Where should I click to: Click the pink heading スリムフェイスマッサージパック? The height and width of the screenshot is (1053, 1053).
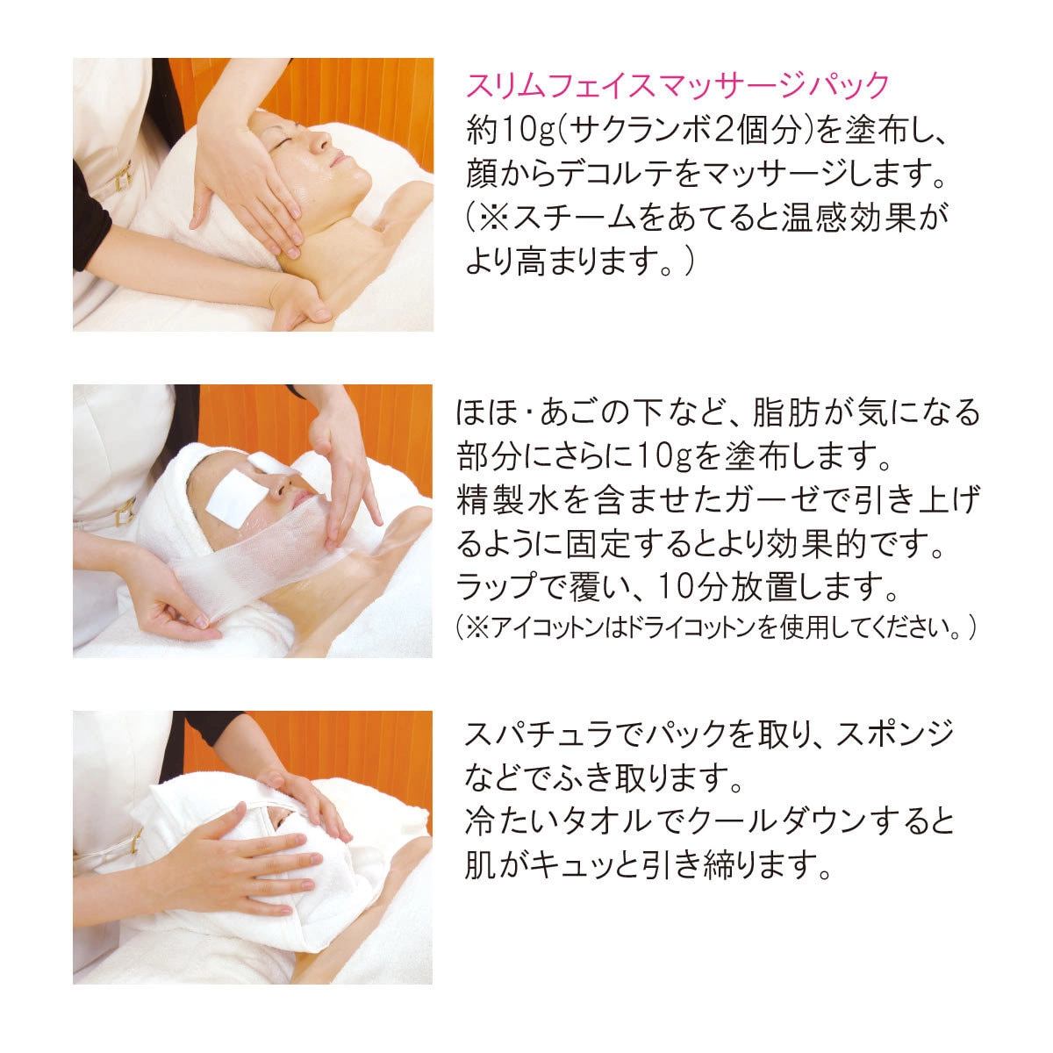[677, 86]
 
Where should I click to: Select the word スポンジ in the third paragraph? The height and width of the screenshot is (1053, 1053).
[894, 734]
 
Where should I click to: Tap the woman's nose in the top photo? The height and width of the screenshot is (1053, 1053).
[321, 143]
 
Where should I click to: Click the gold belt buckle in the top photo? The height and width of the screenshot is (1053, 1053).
[123, 176]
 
